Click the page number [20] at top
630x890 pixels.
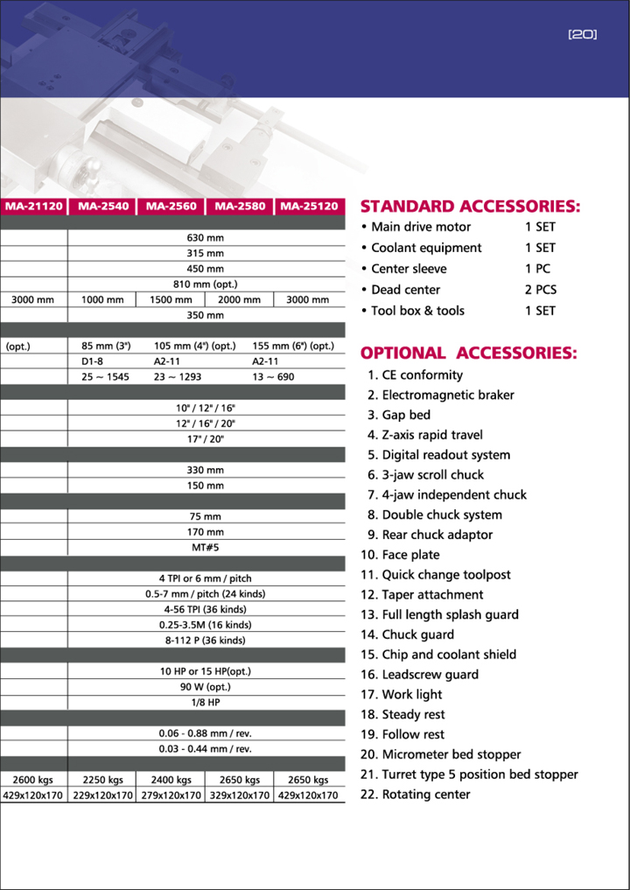click(x=582, y=35)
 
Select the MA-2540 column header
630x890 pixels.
click(x=102, y=207)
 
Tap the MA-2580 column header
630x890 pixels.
click(x=240, y=207)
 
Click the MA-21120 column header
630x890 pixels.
click(x=34, y=207)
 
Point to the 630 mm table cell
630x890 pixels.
click(x=206, y=237)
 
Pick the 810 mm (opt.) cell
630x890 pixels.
click(x=206, y=284)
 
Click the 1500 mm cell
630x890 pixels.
click(x=171, y=299)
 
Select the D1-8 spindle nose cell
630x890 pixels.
click(x=93, y=361)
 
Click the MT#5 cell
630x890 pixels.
click(x=206, y=547)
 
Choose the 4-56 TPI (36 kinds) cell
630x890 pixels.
click(x=206, y=609)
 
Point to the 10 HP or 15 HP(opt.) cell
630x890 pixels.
click(x=206, y=670)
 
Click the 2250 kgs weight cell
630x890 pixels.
click(x=102, y=780)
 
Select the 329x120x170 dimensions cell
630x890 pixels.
click(x=240, y=795)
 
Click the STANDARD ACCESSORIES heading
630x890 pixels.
click(x=470, y=207)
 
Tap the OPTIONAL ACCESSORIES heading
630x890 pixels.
click(x=468, y=354)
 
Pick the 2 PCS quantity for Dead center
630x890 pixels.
click(x=540, y=290)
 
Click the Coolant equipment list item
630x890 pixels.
click(x=426, y=248)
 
